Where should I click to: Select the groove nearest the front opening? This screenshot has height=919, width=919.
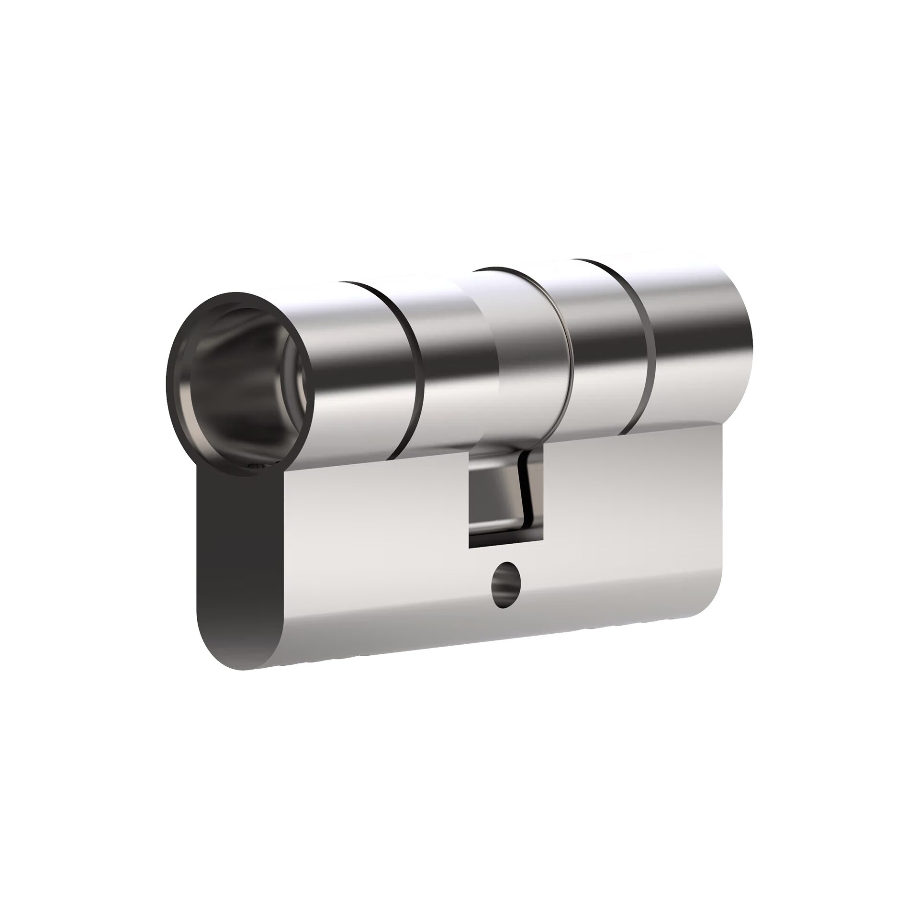point(412,364)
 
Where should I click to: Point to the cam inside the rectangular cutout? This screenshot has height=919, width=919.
point(498,498)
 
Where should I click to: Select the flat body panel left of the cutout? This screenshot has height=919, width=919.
point(373,550)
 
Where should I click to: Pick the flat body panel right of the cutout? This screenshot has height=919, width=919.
point(632,517)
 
